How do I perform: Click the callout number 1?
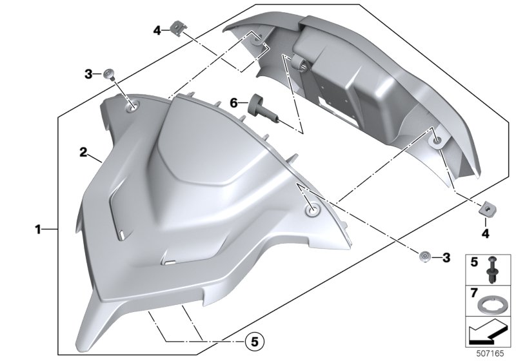tap(38, 229)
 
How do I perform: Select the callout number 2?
tap(84, 152)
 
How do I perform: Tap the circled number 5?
tap(255, 342)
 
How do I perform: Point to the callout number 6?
tap(233, 103)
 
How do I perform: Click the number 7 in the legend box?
tap(474, 292)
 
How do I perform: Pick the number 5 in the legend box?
tap(474, 262)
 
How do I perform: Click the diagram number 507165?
tap(490, 353)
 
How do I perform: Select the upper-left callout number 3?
tap(88, 74)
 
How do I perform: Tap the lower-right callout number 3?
tap(446, 257)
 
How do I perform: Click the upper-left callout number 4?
tap(157, 31)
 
